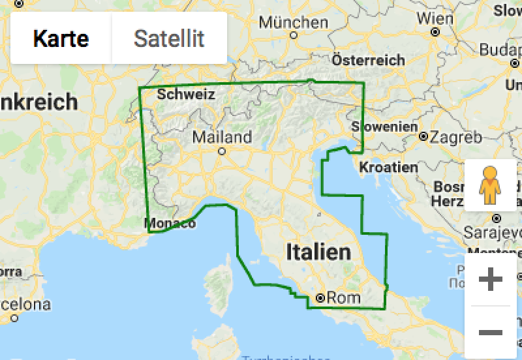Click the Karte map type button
[61, 38]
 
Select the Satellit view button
[169, 38]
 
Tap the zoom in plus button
[491, 280]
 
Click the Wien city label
[435, 18]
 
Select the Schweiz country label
[186, 95]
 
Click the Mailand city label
[222, 137]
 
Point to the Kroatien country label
[388, 167]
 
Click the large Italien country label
[318, 252]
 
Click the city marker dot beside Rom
[320, 298]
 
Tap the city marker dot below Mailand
[222, 151]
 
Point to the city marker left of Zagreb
[423, 137]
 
